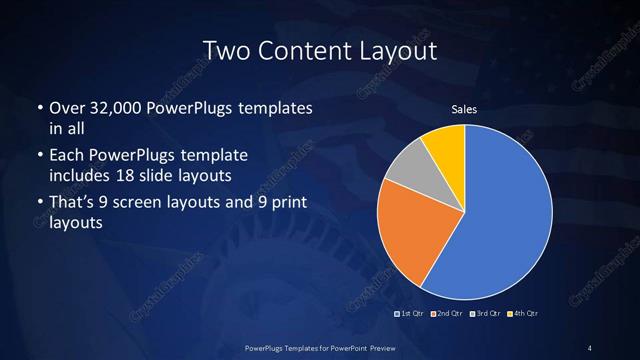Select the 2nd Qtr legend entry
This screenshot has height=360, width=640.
coord(448,314)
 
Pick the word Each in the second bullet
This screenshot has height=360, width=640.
coord(66,156)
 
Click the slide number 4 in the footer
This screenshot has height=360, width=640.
coord(590,347)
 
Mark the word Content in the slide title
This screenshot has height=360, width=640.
coord(302,49)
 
